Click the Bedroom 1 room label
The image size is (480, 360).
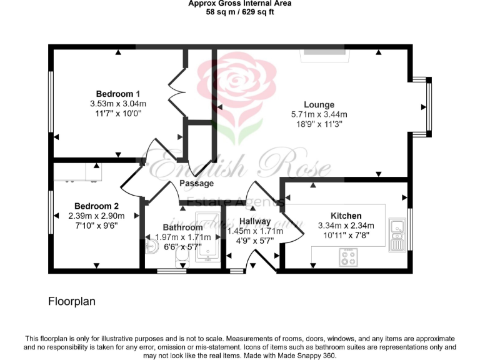117,94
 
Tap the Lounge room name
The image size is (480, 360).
319,104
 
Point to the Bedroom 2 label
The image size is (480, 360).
96,206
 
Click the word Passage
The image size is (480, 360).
196,183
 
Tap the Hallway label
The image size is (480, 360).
255,221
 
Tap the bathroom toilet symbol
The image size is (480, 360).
181,257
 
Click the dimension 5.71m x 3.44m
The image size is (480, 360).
319,114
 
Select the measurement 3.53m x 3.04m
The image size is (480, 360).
117,104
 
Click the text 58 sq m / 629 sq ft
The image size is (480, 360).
240,12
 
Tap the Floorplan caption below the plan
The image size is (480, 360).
72,301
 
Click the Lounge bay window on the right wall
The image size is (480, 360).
426,106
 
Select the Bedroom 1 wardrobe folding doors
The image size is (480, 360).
176,92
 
